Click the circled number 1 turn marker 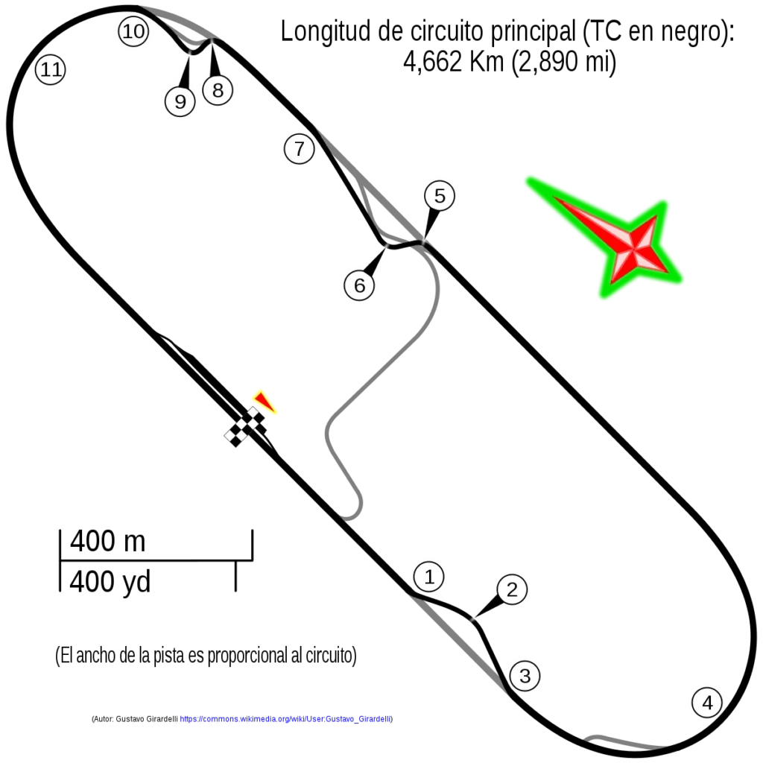point(428,577)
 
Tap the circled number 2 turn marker point(512,589)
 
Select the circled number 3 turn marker point(525,675)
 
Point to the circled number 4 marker point(707,702)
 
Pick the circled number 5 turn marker point(440,196)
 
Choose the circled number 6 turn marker point(359,285)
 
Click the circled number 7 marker point(300,148)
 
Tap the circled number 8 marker point(218,90)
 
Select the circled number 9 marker point(180,101)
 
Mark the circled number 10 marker point(133,31)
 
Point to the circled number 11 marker point(51,69)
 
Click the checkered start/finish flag point(245,427)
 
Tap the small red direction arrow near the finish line point(265,402)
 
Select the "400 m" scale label point(107,541)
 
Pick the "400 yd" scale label point(110,581)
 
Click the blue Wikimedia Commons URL point(285,719)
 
